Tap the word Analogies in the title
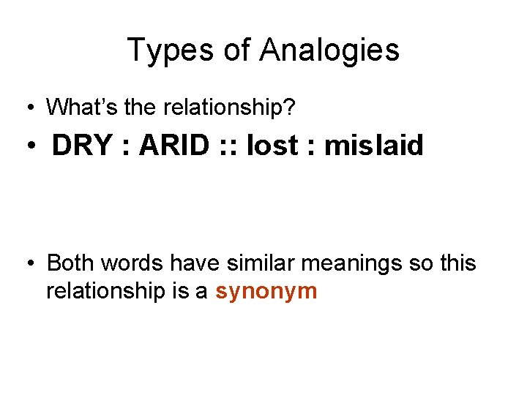click(329, 50)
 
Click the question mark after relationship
click(291, 108)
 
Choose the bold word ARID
click(175, 146)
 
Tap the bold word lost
click(273, 146)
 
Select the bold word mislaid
click(374, 146)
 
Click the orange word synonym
click(266, 292)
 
